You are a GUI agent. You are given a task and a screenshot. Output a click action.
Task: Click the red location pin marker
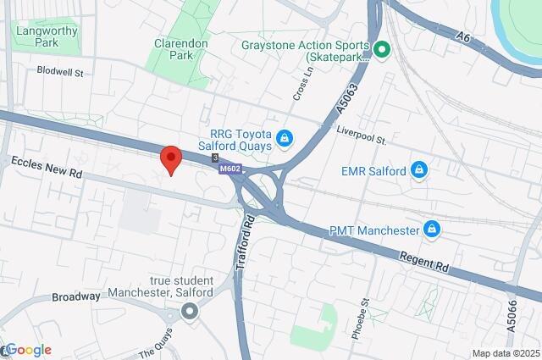[171, 158]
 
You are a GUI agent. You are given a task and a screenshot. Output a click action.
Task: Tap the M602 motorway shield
[230, 169]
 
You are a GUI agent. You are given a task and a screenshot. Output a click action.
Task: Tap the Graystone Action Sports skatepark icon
[381, 51]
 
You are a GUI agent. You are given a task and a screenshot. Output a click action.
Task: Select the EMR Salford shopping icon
[418, 171]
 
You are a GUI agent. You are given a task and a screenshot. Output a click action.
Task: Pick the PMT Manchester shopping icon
[432, 230]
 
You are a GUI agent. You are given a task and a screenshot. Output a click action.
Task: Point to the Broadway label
[76, 297]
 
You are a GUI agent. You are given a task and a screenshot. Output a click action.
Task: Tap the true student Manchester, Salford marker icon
[189, 313]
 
